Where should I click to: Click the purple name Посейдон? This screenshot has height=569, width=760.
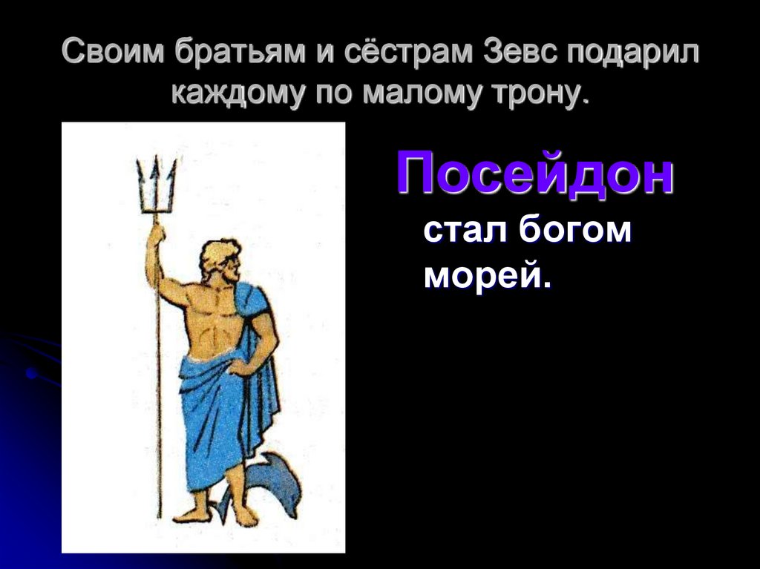(x=534, y=174)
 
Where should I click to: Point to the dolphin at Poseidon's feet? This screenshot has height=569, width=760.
(x=271, y=482)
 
